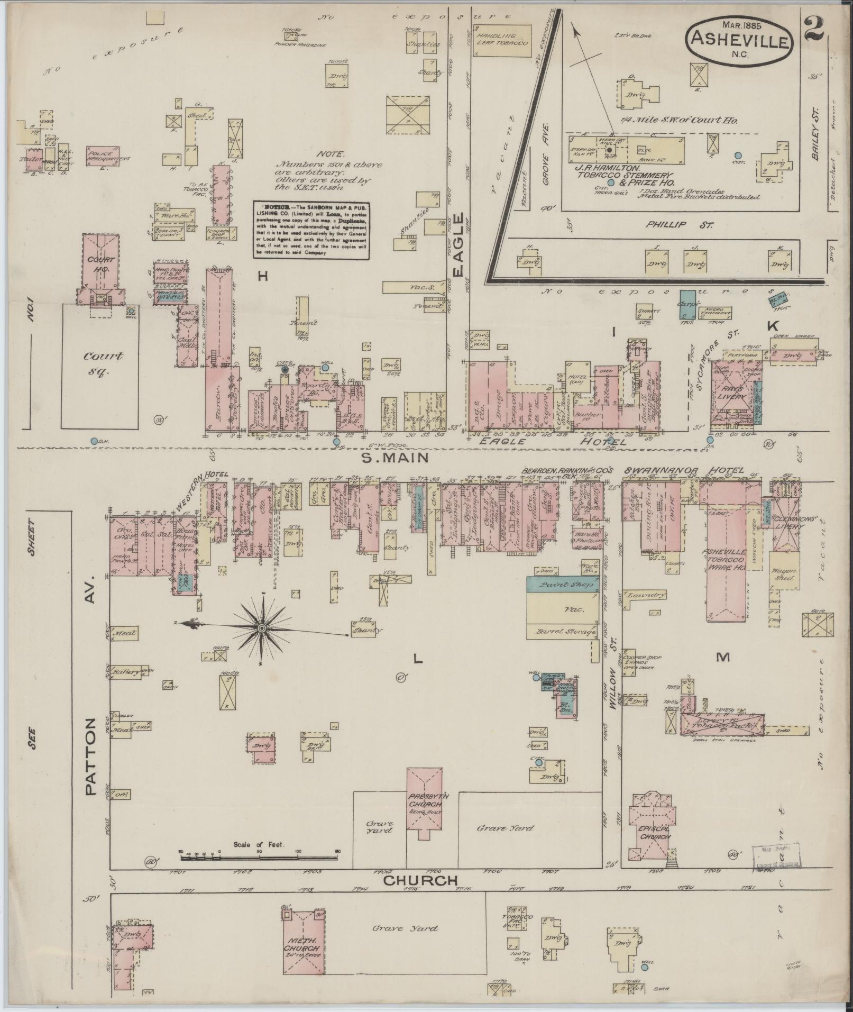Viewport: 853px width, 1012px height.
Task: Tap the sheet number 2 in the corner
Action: [813, 28]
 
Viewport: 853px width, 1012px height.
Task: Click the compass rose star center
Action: [261, 627]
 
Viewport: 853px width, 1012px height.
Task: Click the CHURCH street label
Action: [420, 880]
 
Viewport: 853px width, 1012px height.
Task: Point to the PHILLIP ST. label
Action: [678, 224]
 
